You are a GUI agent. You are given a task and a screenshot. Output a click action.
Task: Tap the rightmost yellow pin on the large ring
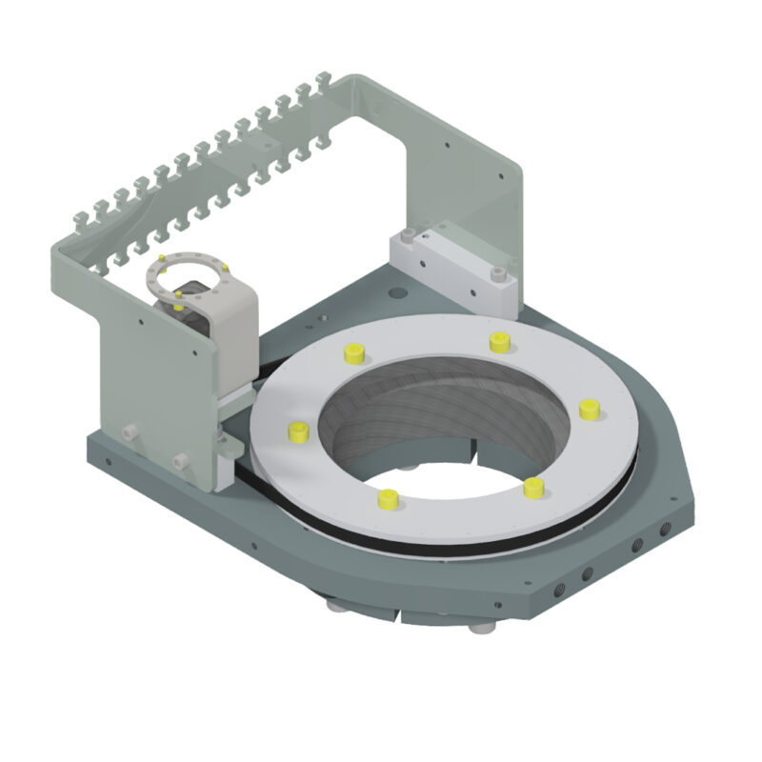(589, 409)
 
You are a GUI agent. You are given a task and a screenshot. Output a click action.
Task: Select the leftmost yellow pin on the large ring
(298, 431)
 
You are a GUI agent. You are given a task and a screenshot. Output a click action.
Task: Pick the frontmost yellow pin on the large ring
(388, 498)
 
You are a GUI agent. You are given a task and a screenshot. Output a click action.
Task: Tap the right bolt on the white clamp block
(497, 274)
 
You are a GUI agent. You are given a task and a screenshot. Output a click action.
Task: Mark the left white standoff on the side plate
(128, 432)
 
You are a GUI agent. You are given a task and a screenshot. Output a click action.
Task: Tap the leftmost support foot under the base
(336, 606)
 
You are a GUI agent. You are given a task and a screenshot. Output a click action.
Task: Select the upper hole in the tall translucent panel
(448, 148)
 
